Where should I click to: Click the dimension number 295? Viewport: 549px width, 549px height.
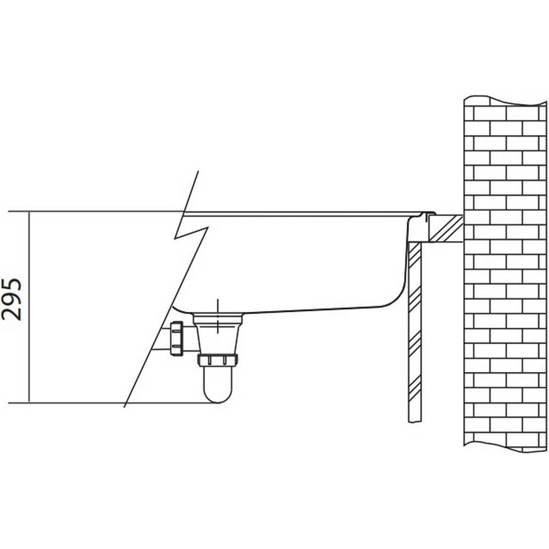(12, 299)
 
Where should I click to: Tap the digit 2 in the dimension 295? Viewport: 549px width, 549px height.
(12, 313)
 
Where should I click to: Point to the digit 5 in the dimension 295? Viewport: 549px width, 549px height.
(12, 284)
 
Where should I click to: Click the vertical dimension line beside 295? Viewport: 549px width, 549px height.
(29, 307)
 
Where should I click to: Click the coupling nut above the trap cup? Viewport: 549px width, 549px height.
(217, 360)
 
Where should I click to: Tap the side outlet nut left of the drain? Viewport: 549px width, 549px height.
(176, 339)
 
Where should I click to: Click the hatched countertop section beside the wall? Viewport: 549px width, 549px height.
(446, 228)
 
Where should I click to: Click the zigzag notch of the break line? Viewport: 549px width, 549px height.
(191, 232)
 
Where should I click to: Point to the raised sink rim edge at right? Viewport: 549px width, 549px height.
(428, 214)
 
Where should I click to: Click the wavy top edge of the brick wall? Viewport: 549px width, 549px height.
(505, 100)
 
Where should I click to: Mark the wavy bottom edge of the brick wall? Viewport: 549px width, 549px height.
(505, 448)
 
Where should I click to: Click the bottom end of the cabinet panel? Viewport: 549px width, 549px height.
(415, 422)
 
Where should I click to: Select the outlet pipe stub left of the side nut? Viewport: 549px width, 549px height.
(161, 338)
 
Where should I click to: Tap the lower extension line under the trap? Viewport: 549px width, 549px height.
(113, 403)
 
